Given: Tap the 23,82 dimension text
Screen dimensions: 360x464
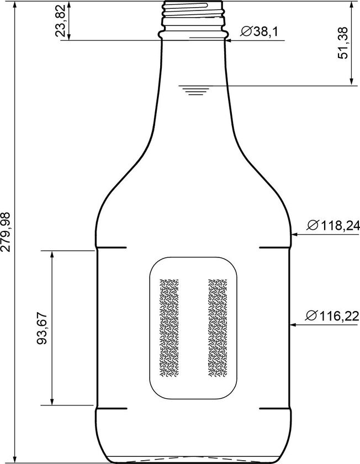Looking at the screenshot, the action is pyautogui.click(x=61, y=20).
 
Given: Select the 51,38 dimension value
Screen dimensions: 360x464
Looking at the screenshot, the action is pyautogui.click(x=342, y=43).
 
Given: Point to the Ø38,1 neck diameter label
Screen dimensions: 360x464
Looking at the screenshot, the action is pyautogui.click(x=260, y=31).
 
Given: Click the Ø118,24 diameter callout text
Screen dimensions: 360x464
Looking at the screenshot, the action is pyautogui.click(x=333, y=226).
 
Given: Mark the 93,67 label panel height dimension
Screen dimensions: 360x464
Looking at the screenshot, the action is pyautogui.click(x=42, y=328).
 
